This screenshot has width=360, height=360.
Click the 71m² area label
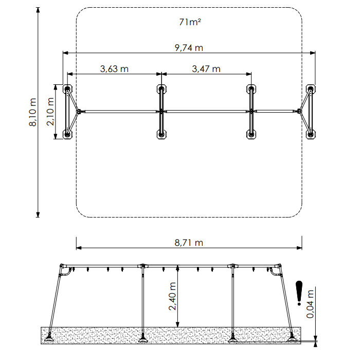[190, 22]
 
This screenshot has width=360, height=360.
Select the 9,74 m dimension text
[189, 48]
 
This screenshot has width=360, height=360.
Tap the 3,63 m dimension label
[114, 69]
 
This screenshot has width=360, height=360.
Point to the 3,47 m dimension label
[206, 69]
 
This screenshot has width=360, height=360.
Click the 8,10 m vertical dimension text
[32, 112]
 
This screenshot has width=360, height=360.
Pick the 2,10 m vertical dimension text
[50, 112]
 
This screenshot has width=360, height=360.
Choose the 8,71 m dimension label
[189, 243]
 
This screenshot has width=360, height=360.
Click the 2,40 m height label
[172, 296]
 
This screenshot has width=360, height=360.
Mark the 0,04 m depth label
[310, 304]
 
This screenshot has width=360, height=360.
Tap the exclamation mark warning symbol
[299, 293]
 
